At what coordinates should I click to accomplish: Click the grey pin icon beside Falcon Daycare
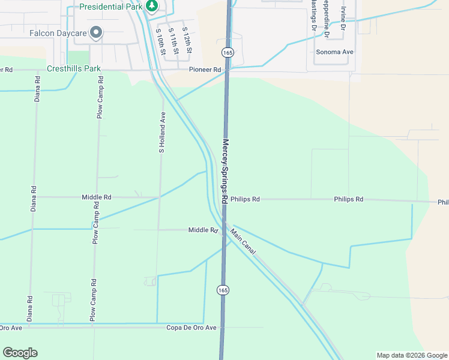click(96, 32)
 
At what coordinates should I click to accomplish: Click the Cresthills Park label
click(74, 69)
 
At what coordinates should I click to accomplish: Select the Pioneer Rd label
click(205, 70)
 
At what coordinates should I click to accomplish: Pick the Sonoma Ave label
click(335, 52)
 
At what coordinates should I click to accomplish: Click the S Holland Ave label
click(161, 133)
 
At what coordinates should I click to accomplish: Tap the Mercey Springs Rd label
click(226, 172)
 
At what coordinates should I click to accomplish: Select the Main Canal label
click(243, 242)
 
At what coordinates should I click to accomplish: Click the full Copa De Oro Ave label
click(191, 328)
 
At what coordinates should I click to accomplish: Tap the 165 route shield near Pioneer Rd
click(227, 52)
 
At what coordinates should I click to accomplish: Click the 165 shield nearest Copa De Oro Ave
click(223, 290)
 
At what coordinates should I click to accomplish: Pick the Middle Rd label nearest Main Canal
click(202, 230)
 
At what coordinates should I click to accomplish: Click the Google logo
click(20, 353)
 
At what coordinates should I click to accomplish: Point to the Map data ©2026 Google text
click(411, 355)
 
